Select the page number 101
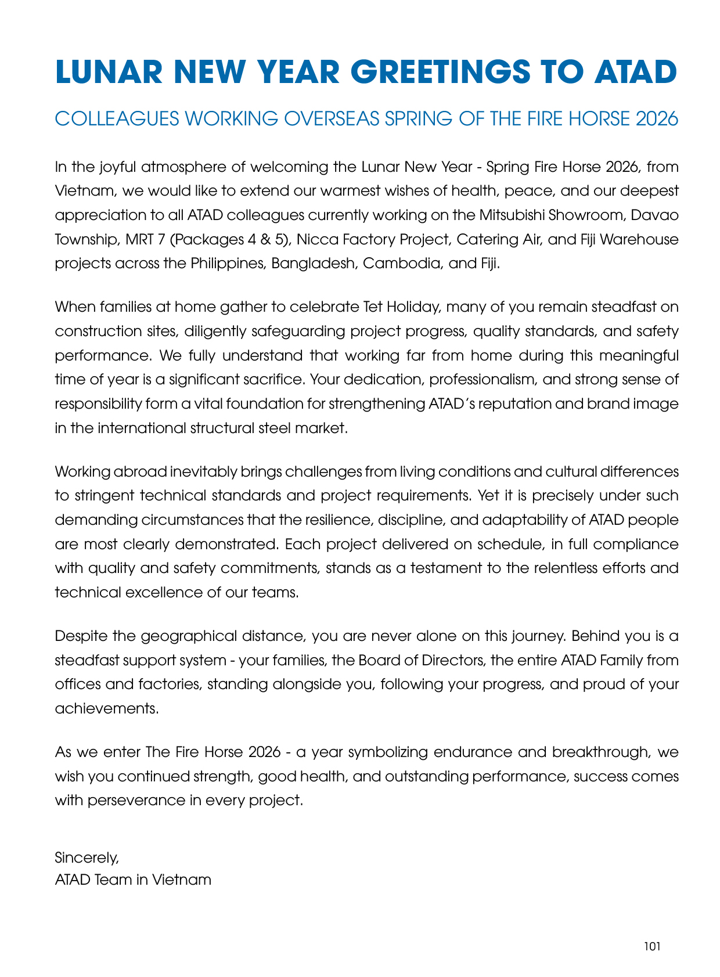coord(652,946)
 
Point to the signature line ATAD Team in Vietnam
coord(133,879)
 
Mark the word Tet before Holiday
coord(373,307)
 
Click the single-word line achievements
coord(107,709)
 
